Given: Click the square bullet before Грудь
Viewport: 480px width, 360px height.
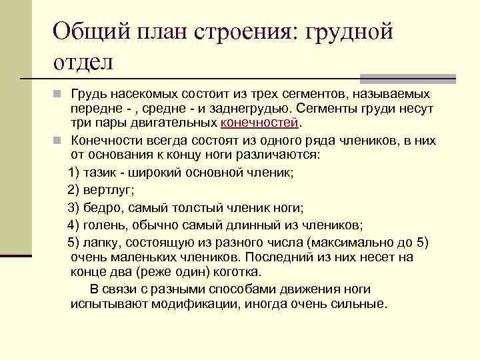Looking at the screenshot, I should (x=59, y=94).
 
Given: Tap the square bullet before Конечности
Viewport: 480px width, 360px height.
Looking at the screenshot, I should (x=59, y=140).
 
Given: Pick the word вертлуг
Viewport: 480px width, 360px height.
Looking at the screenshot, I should (x=107, y=189).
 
